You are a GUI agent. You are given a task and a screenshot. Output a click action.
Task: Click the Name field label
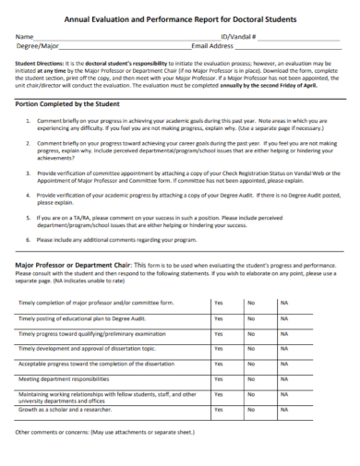(x=24, y=35)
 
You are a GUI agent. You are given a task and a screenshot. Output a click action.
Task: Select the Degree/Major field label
(x=37, y=44)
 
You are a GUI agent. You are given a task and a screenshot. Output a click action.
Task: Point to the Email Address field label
(x=212, y=44)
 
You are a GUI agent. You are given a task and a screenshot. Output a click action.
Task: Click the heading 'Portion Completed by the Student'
(x=70, y=104)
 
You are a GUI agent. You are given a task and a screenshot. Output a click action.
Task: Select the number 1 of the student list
(x=30, y=121)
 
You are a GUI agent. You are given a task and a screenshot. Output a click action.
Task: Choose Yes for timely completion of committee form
(x=219, y=303)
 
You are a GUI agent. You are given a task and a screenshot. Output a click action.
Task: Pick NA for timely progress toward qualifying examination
(x=284, y=333)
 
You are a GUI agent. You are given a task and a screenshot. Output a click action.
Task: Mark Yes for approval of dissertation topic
(x=219, y=349)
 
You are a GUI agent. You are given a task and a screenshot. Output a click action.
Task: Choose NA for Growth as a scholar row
(x=284, y=409)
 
